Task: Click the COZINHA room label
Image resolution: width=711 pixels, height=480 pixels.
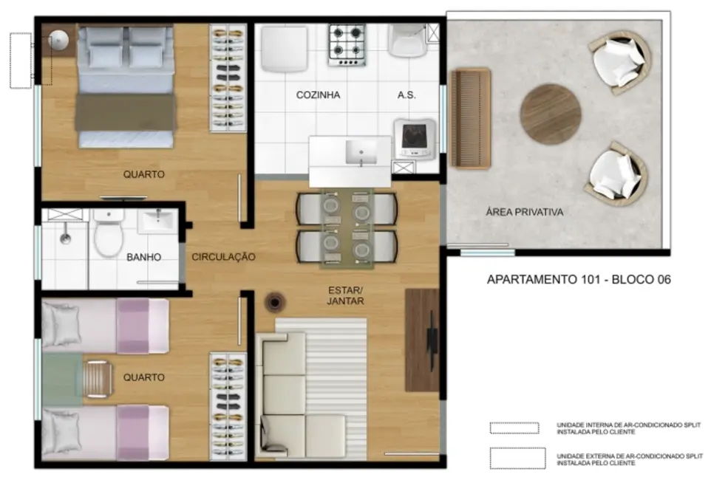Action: click(x=318, y=95)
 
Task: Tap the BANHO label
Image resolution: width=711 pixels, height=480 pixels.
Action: click(x=144, y=258)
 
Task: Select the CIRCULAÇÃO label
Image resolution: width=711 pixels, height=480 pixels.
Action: click(x=223, y=257)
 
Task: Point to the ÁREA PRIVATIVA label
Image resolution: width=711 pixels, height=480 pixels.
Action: click(x=524, y=212)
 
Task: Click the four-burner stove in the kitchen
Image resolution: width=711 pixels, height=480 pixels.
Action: click(x=347, y=44)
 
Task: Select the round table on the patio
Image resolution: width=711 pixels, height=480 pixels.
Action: click(x=550, y=114)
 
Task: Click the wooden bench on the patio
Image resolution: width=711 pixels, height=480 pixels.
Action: click(x=470, y=118)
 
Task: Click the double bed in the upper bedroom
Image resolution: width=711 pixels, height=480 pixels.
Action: click(x=126, y=85)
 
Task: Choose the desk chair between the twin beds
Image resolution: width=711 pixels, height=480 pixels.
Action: click(x=97, y=378)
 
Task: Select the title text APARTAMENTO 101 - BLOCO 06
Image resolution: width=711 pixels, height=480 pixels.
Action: click(x=578, y=280)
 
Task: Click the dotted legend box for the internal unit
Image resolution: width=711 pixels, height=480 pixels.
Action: click(x=515, y=428)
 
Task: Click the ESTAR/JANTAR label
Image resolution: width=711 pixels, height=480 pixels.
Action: click(x=345, y=295)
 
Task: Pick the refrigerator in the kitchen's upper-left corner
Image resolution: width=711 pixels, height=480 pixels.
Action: click(x=284, y=48)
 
